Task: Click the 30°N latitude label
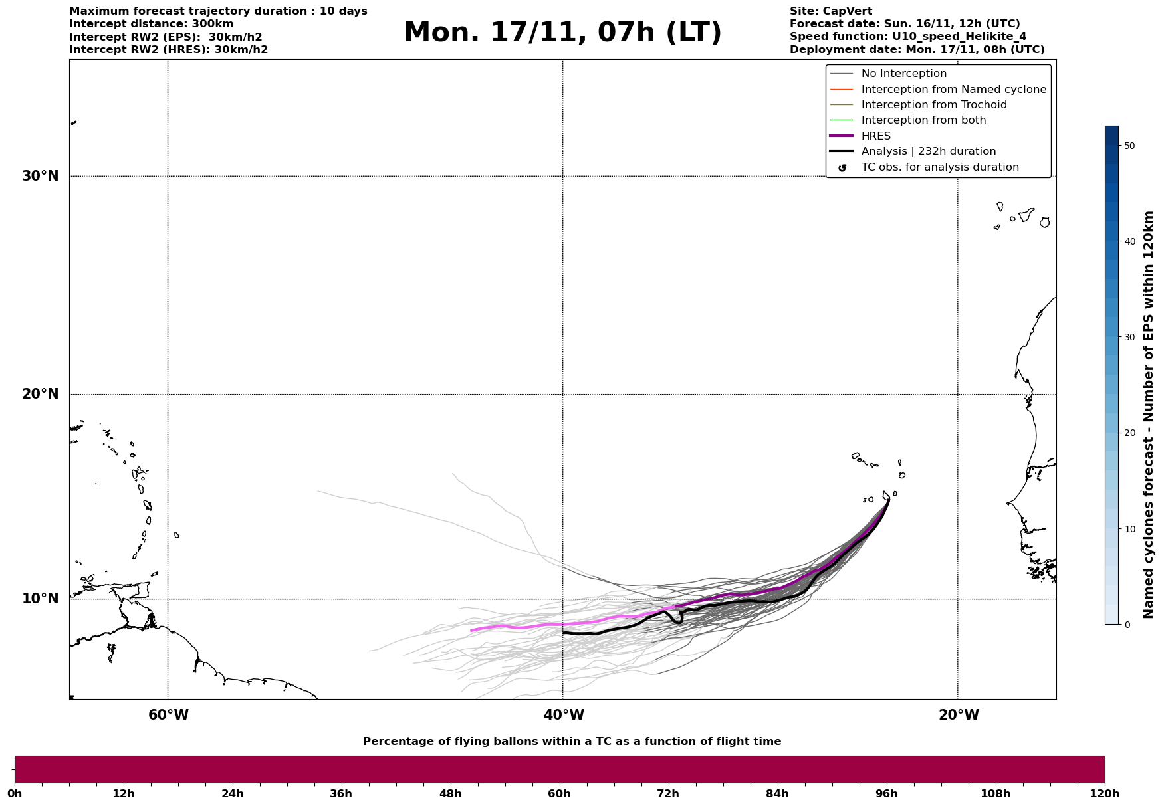point(40,176)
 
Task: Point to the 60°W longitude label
point(168,715)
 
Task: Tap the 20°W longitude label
point(958,715)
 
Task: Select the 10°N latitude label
point(40,599)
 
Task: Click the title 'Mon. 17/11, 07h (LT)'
point(562,33)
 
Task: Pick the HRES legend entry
point(875,136)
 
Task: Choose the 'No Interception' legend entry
point(903,74)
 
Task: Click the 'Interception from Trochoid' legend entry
point(933,105)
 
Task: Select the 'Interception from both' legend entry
point(923,120)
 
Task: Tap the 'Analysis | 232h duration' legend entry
point(928,151)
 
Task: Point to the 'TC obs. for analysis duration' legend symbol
point(842,168)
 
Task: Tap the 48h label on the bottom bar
point(450,794)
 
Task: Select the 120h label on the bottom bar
point(1104,794)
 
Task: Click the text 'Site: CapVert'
point(830,11)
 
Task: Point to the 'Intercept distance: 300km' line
point(151,24)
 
